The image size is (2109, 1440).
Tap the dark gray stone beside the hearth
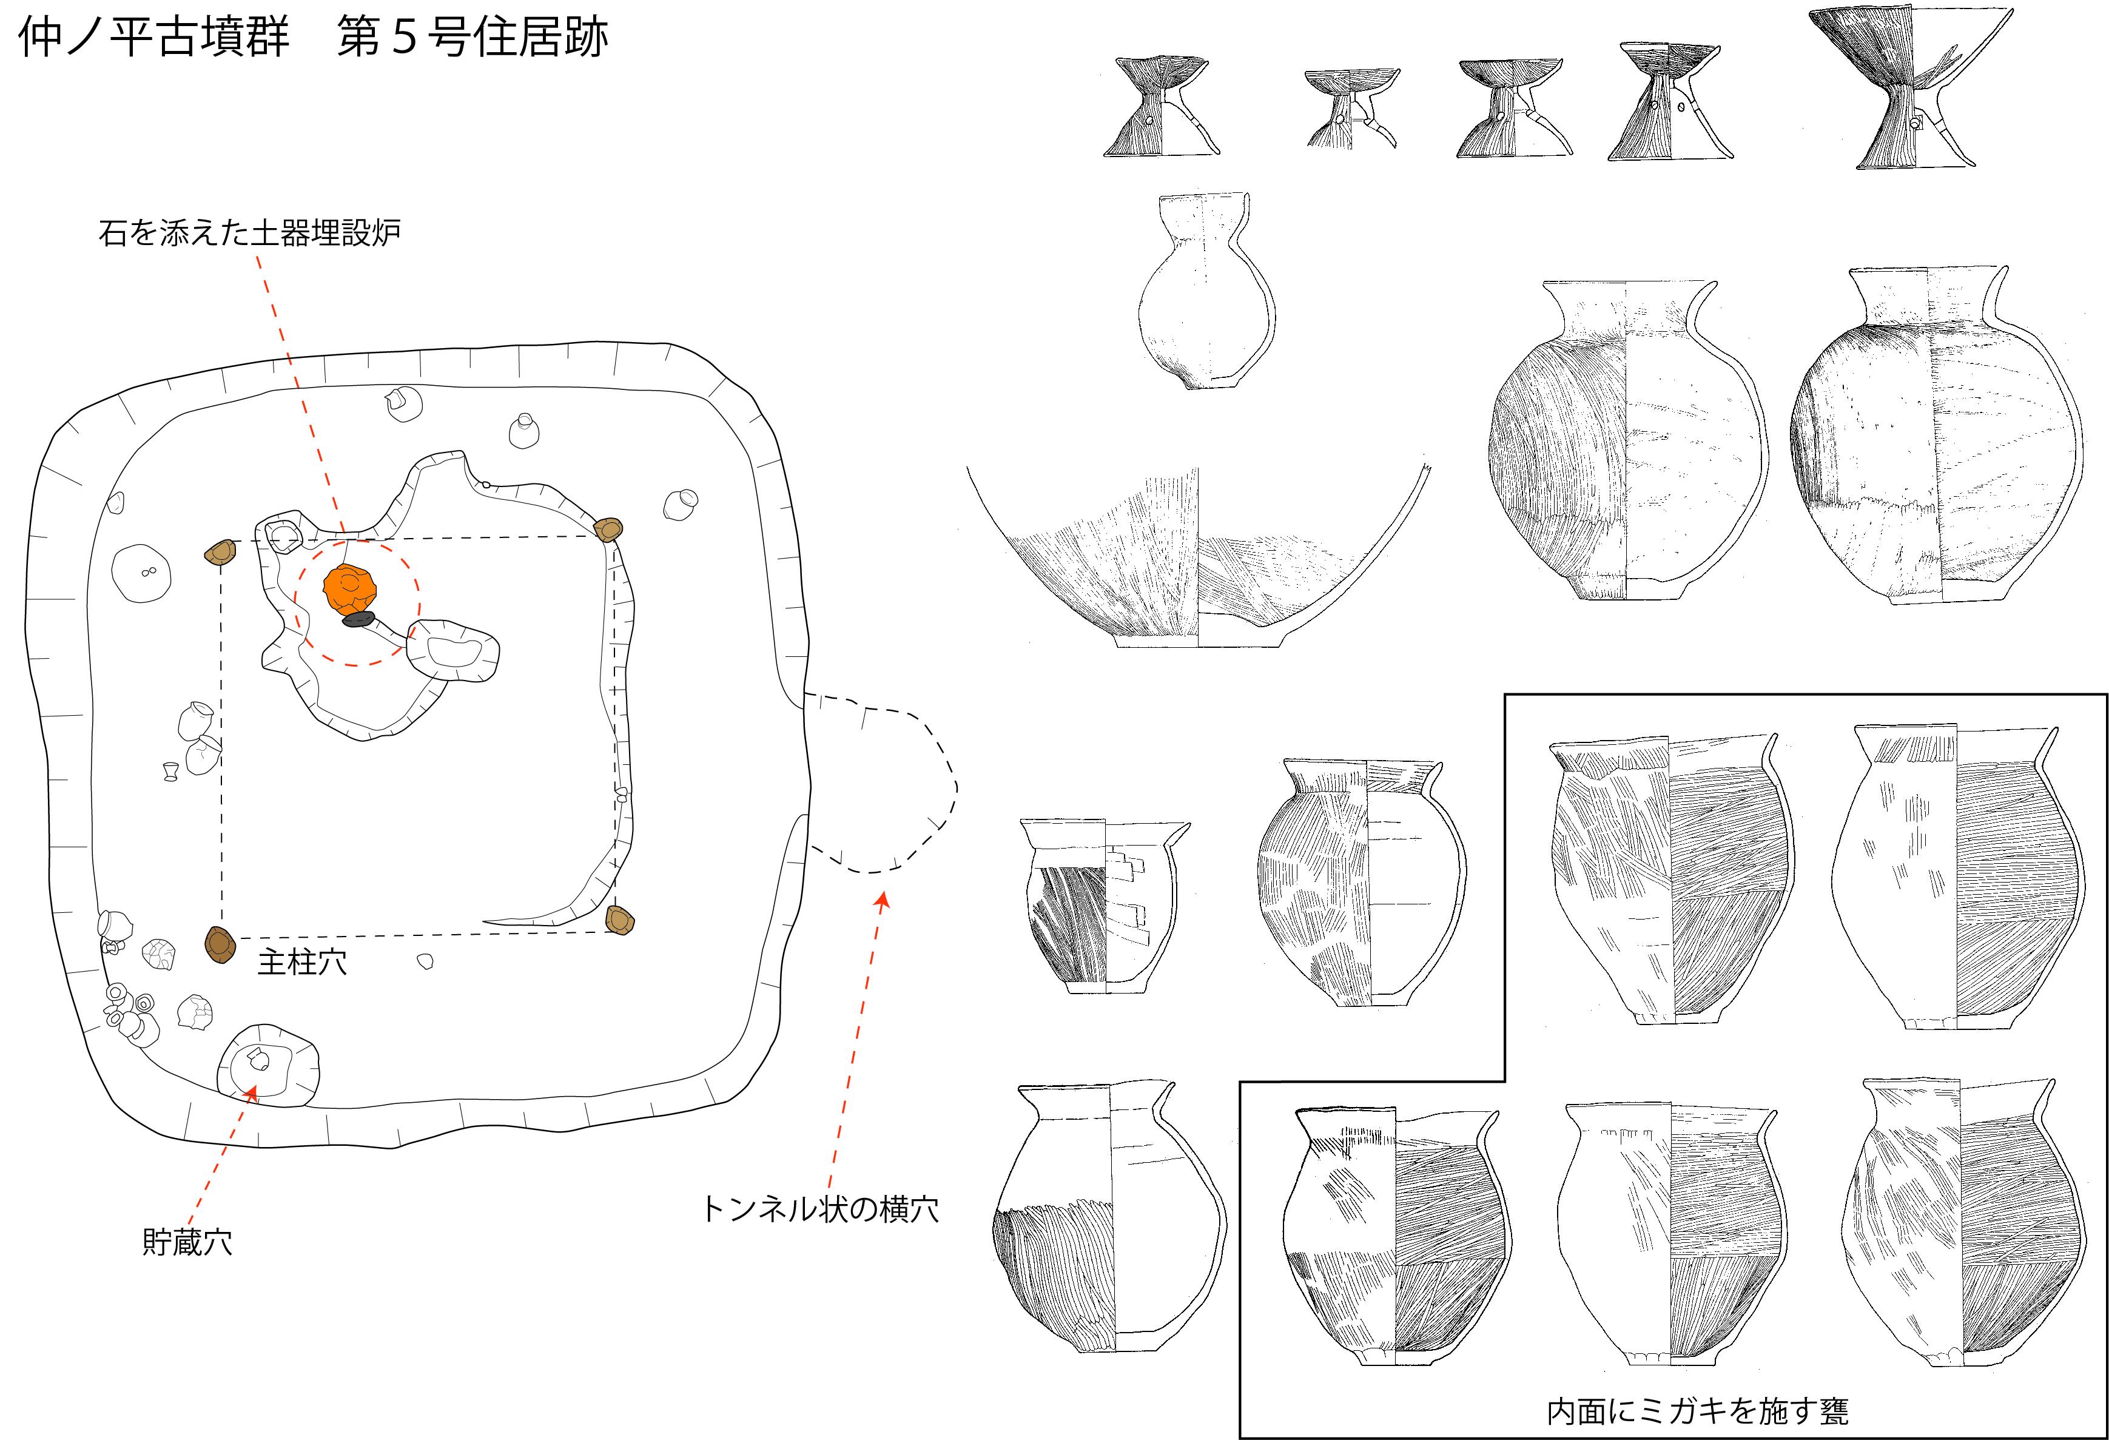[x=358, y=620]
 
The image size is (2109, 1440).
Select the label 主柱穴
[x=302, y=962]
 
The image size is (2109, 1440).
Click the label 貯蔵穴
[x=187, y=1241]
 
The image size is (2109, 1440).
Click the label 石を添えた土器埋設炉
[x=249, y=233]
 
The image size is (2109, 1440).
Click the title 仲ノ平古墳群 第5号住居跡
[x=313, y=38]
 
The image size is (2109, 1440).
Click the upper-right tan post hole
[x=607, y=528]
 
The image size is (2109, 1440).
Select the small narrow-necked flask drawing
[x=1205, y=291]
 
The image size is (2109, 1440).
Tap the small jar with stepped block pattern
[x=1105, y=907]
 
